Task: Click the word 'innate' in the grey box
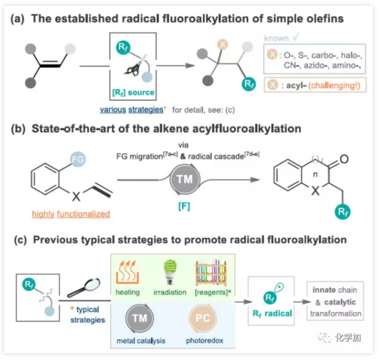point(322,288)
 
